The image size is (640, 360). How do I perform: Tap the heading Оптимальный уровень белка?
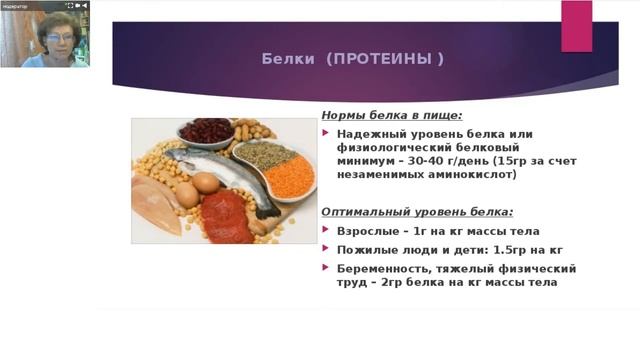(x=417, y=212)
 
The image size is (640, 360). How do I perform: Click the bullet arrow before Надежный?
(x=326, y=133)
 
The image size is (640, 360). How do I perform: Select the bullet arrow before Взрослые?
(x=326, y=230)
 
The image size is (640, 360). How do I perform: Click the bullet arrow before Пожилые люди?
(x=326, y=249)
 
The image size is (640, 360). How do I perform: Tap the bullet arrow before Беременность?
(x=326, y=268)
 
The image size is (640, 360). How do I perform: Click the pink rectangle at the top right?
(x=576, y=26)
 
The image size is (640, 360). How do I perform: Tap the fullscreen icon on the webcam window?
(x=69, y=5)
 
